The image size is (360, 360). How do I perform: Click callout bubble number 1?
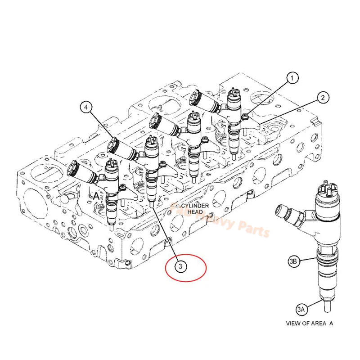click(x=293, y=78)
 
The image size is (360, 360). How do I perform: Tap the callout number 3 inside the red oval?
click(x=180, y=267)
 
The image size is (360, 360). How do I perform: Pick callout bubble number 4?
click(x=86, y=107)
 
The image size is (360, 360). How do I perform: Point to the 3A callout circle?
click(x=301, y=309)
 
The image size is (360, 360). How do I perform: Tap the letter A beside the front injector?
click(x=96, y=196)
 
